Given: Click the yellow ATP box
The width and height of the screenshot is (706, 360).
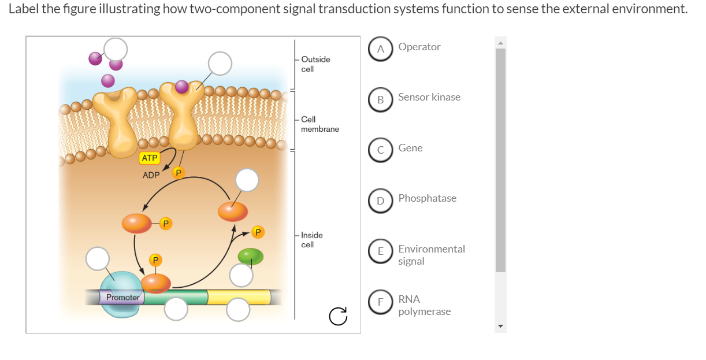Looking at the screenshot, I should click(149, 158).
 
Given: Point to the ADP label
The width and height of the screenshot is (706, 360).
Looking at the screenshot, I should click(151, 175).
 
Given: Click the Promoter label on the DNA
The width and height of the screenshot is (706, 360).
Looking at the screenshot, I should click(122, 298).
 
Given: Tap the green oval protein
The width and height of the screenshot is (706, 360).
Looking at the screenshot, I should click(251, 257).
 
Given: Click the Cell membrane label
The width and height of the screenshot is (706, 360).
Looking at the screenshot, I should click(319, 124).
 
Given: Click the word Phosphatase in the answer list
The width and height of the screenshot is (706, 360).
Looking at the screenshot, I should click(427, 198).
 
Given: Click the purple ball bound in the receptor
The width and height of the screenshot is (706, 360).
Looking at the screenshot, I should click(182, 87).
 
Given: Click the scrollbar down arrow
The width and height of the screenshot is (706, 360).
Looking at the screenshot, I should click(500, 327).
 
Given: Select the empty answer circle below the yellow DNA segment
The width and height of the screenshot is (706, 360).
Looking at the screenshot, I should click(238, 310).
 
